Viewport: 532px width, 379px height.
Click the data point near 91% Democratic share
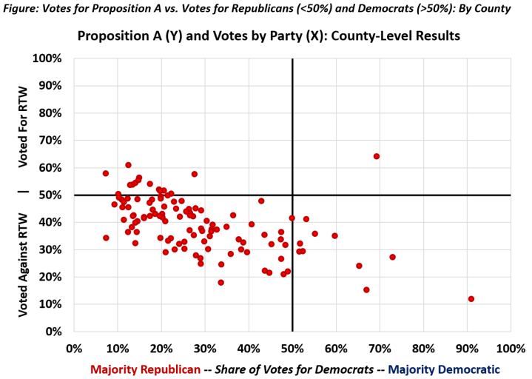(x=471, y=299)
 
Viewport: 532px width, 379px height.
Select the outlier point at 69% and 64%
(x=377, y=156)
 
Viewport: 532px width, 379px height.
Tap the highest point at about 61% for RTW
(x=128, y=165)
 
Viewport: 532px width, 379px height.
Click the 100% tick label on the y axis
(x=49, y=58)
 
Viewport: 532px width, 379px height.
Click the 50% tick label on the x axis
(x=292, y=348)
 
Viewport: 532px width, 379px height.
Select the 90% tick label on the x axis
(x=467, y=348)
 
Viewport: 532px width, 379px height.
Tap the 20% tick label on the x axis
(x=161, y=348)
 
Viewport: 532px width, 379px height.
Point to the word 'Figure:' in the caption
(x=21, y=9)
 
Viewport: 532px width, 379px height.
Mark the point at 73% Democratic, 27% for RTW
(x=393, y=257)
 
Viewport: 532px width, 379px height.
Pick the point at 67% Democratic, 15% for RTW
(x=366, y=290)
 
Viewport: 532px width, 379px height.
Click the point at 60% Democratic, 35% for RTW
(x=334, y=236)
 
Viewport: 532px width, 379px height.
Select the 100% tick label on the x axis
(x=511, y=348)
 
